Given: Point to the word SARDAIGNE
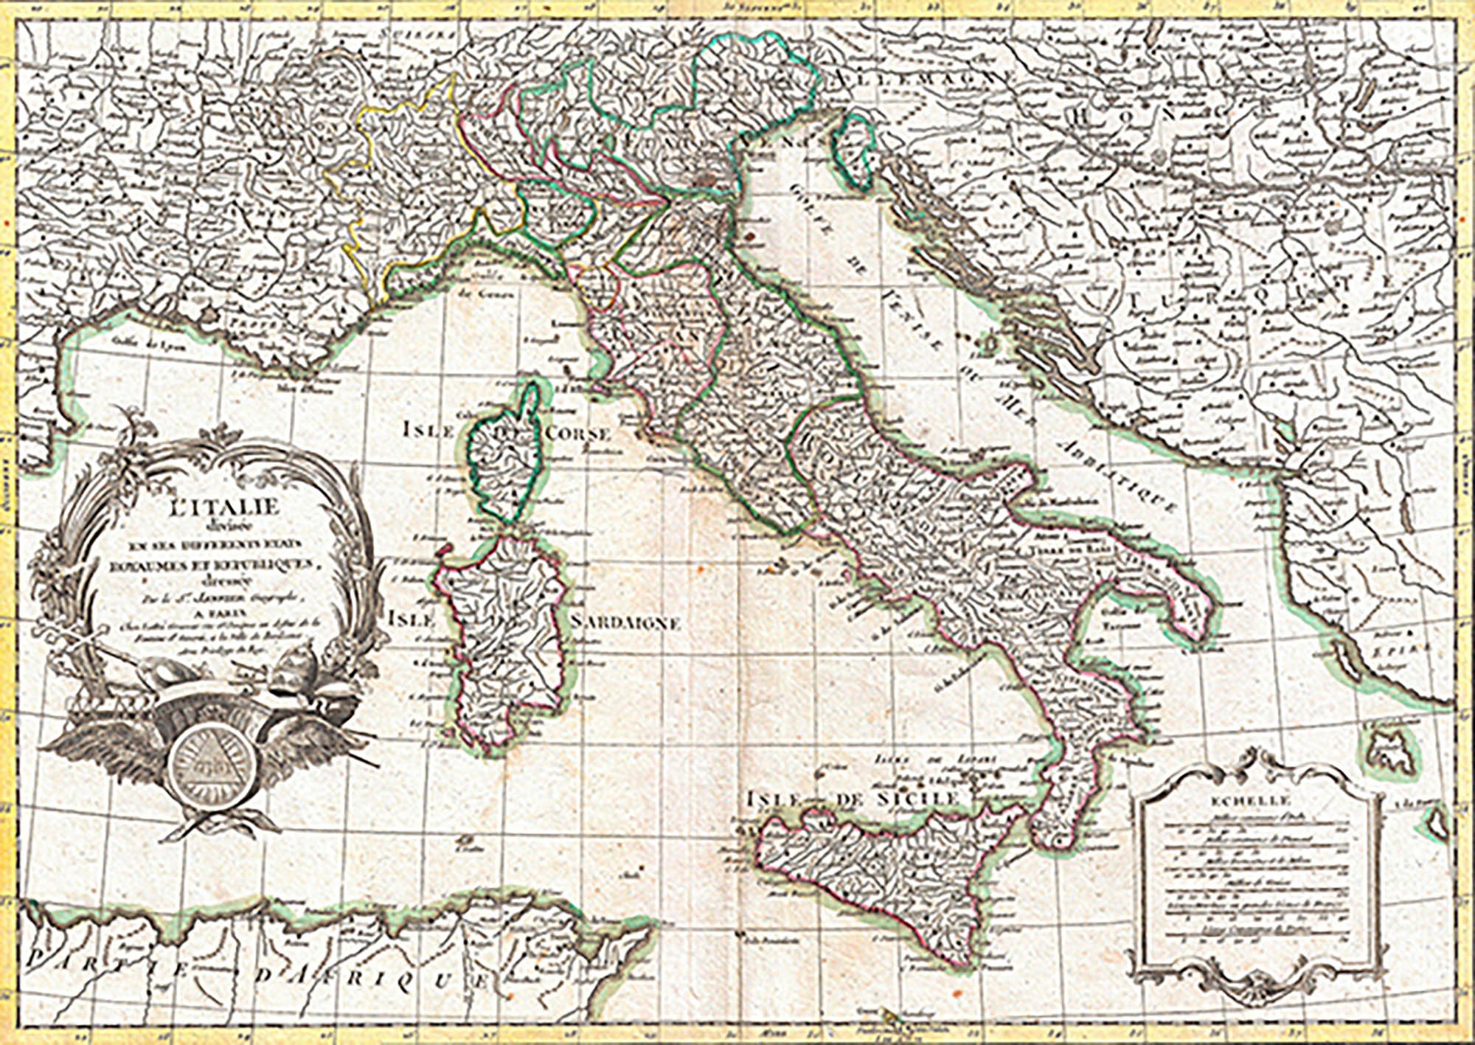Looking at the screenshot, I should pos(625,623).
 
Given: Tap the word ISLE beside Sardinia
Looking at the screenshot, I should pos(412,618).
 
